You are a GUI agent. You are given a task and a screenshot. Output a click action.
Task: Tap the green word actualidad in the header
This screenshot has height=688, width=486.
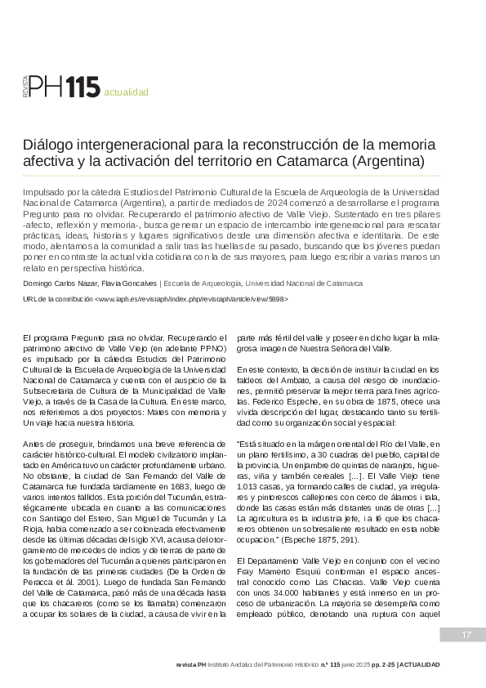[126, 92]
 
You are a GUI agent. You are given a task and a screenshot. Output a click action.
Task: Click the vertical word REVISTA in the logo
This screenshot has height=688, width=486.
[25, 87]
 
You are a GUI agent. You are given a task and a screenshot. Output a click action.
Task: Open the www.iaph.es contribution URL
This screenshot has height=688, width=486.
[191, 299]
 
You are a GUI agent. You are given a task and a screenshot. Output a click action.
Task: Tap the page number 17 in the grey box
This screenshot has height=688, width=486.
[466, 635]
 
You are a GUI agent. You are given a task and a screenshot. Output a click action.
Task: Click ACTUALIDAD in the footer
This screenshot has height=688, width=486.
[421, 665]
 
